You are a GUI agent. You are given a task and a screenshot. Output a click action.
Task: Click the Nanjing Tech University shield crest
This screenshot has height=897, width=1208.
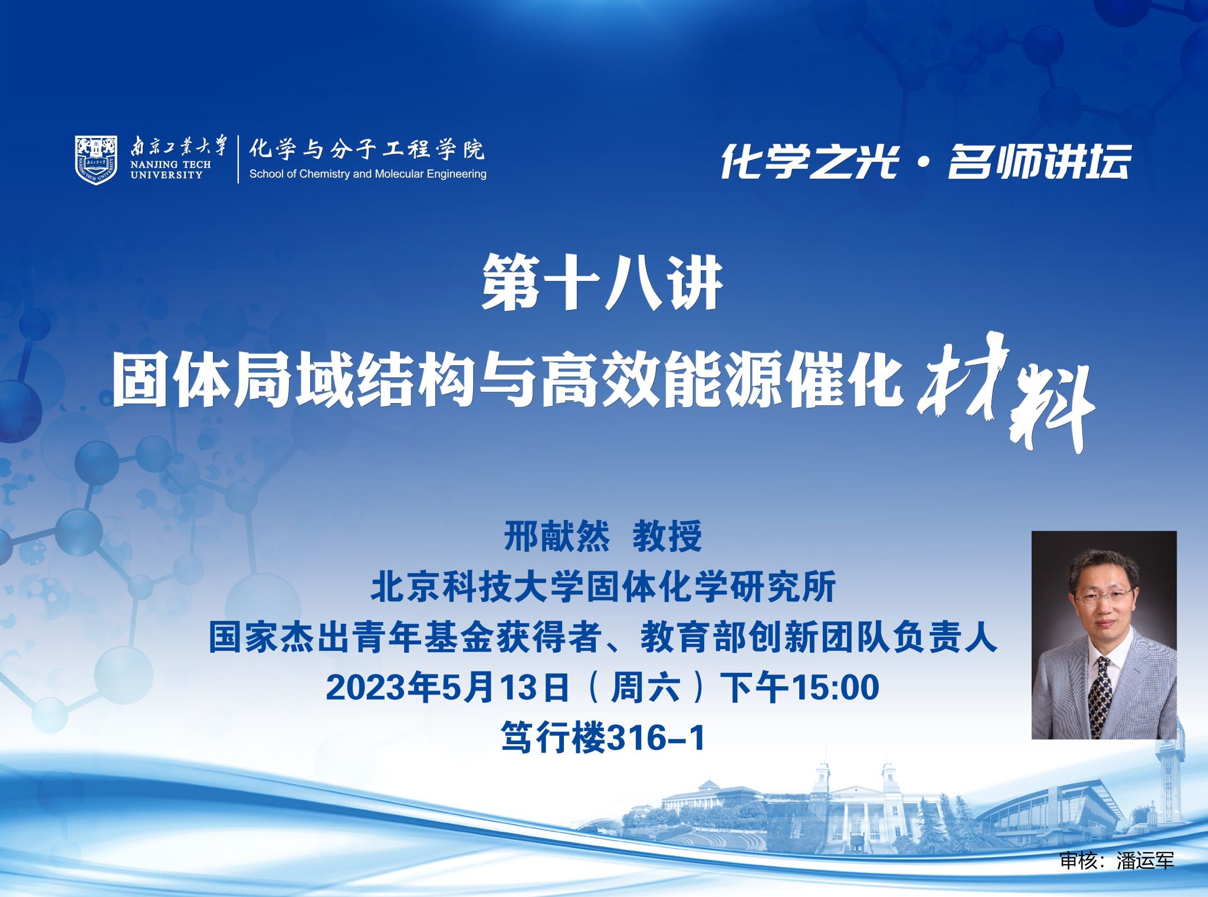pyautogui.click(x=96, y=159)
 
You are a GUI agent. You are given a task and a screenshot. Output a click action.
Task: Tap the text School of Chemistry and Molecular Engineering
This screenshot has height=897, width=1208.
pyautogui.click(x=367, y=173)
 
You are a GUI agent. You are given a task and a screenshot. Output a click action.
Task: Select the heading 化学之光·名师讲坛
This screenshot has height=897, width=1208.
pyautogui.click(x=925, y=161)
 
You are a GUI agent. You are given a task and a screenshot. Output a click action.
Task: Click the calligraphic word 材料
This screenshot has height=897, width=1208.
pyautogui.click(x=1006, y=392)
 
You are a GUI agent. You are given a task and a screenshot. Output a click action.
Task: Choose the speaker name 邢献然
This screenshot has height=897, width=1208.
pyautogui.click(x=556, y=536)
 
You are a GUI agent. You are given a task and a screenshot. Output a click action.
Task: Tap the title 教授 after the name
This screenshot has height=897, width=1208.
pyautogui.click(x=667, y=536)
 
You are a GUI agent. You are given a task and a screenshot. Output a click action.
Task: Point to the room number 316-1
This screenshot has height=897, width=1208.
pyautogui.click(x=655, y=738)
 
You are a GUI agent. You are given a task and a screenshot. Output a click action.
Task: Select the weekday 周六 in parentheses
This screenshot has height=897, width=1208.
pyautogui.click(x=645, y=688)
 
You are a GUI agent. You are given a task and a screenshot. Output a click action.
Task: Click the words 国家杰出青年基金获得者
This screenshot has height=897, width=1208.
pyautogui.click(x=405, y=637)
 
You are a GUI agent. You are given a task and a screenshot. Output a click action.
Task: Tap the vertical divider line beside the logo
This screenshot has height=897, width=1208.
pyautogui.click(x=239, y=159)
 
